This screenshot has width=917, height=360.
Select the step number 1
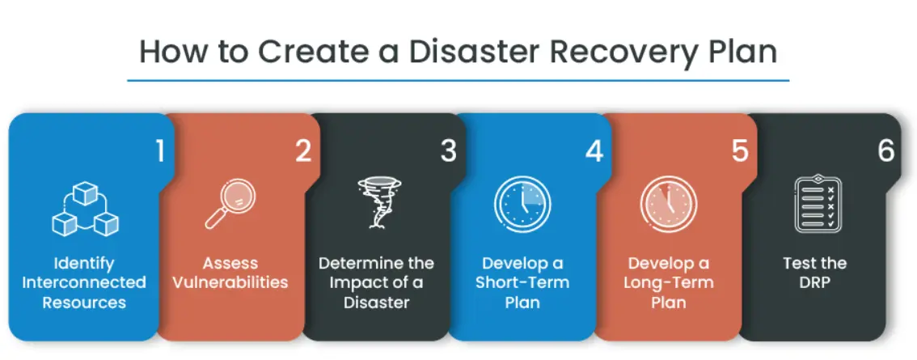pyautogui.click(x=159, y=151)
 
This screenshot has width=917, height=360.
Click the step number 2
pyautogui.click(x=303, y=151)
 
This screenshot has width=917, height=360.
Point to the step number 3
pyautogui.click(x=448, y=151)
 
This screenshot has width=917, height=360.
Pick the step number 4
pyautogui.click(x=594, y=151)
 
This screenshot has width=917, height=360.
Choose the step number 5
pyautogui.click(x=740, y=151)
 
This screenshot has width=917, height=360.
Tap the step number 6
pyautogui.click(x=886, y=151)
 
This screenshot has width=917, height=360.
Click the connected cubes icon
pyautogui.click(x=86, y=209)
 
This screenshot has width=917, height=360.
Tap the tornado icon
pyautogui.click(x=378, y=202)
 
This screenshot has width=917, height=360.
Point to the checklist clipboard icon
pyautogui.click(x=817, y=204)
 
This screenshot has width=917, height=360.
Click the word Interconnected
pyautogui.click(x=83, y=282)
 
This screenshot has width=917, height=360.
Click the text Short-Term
pyautogui.click(x=522, y=282)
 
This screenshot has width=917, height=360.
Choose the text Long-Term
pyautogui.click(x=669, y=282)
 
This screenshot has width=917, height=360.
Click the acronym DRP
pyautogui.click(x=814, y=282)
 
